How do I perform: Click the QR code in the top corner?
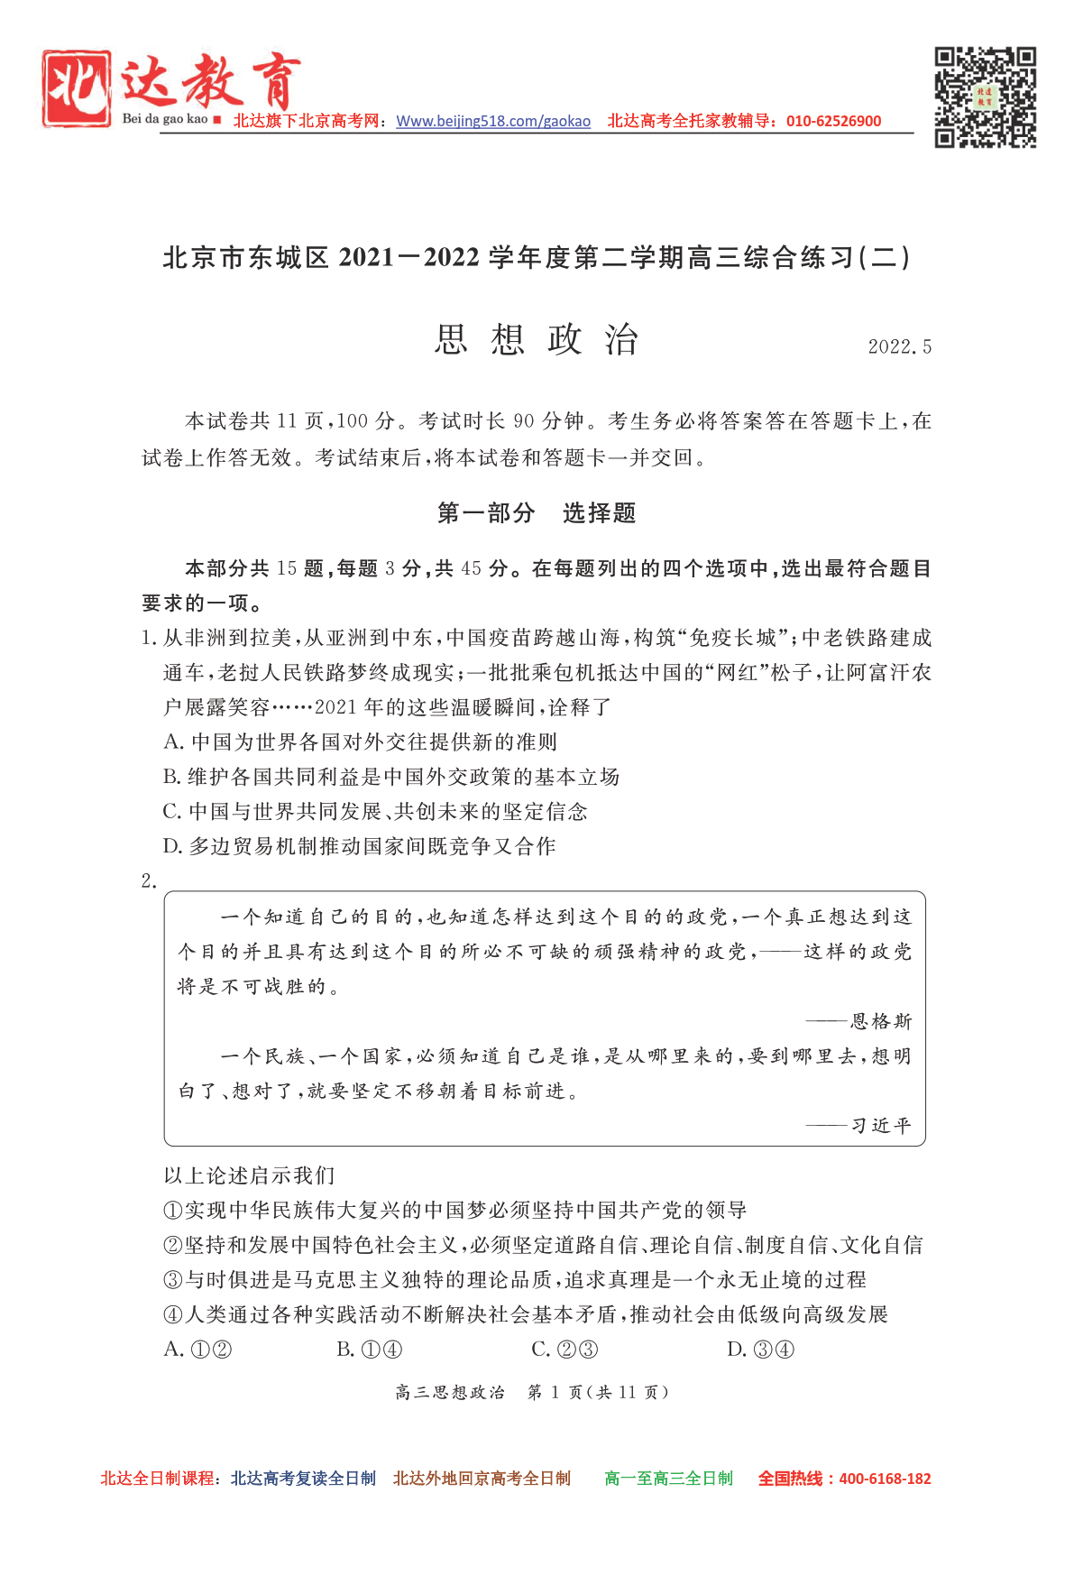[985, 97]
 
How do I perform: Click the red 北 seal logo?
[77, 88]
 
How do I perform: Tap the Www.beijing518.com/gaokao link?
[493, 122]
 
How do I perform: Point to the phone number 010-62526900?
[833, 122]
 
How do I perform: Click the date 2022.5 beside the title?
[899, 347]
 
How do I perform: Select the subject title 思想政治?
[537, 340]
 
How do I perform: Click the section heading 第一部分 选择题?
[537, 513]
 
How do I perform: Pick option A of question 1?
[361, 742]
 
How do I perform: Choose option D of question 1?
[360, 846]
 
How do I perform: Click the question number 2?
[149, 881]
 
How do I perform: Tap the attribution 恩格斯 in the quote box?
[881, 1021]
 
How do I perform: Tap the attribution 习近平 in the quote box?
[881, 1126]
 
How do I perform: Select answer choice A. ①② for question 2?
[198, 1350]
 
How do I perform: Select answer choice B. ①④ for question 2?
[370, 1350]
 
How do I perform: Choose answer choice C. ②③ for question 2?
[565, 1350]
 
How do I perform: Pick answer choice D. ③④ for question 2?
[761, 1350]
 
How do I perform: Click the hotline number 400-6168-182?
[885, 1479]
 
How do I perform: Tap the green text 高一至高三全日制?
[668, 1479]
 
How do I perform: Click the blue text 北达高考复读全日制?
[303, 1479]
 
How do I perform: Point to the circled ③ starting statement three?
[173, 1280]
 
